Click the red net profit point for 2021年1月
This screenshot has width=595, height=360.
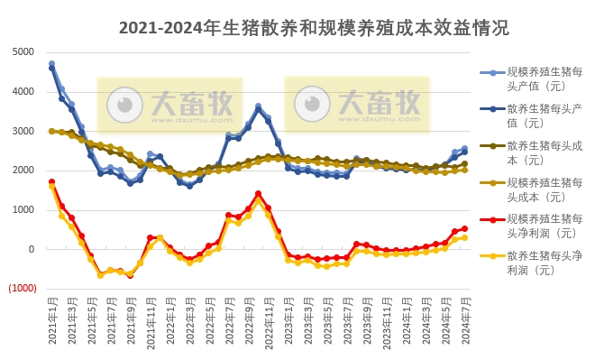tap(51, 181)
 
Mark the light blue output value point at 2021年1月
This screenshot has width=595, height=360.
tap(51, 64)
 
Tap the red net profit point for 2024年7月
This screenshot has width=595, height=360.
tap(464, 228)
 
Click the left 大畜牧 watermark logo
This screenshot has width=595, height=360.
tap(170, 104)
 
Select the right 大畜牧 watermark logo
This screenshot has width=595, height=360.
tap(358, 104)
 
